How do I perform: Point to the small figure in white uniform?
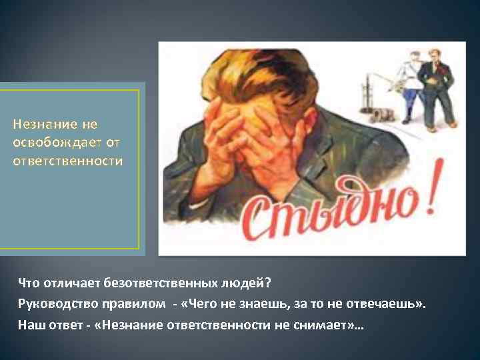(409, 87)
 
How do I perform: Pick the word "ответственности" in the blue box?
(67, 161)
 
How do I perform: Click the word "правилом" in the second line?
(136, 304)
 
